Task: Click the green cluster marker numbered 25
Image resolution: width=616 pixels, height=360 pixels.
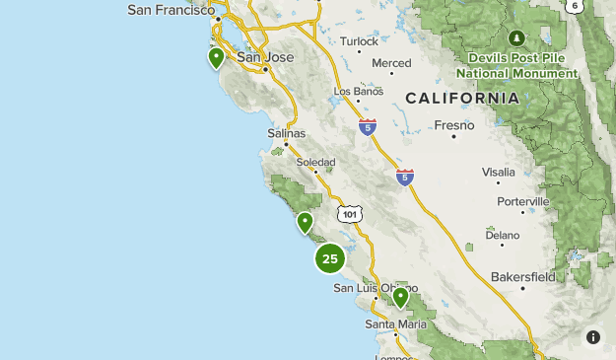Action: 330,258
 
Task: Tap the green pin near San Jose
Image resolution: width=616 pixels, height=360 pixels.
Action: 216,57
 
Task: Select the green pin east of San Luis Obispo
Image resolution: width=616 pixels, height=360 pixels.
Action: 400,296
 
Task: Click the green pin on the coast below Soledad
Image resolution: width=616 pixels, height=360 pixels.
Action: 306,222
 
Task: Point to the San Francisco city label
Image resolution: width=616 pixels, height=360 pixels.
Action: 171,10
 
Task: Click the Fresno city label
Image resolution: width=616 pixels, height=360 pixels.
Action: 454,125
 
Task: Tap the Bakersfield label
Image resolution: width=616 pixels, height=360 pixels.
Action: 523,275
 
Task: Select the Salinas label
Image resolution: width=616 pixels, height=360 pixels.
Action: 287,133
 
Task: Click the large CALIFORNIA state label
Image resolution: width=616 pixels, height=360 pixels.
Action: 462,99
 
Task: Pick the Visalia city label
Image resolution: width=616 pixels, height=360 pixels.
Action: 498,172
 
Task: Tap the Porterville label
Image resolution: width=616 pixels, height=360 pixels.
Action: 523,201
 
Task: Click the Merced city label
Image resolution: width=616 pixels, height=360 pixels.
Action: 391,63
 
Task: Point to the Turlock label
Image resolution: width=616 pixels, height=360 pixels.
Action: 359,41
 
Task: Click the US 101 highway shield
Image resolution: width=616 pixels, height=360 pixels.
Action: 349,213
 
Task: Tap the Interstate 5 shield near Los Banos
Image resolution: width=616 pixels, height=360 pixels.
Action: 368,127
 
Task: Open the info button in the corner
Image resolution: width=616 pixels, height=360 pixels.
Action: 593,337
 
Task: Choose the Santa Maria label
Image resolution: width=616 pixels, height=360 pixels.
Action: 394,324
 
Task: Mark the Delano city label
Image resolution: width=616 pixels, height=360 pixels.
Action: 502,236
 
